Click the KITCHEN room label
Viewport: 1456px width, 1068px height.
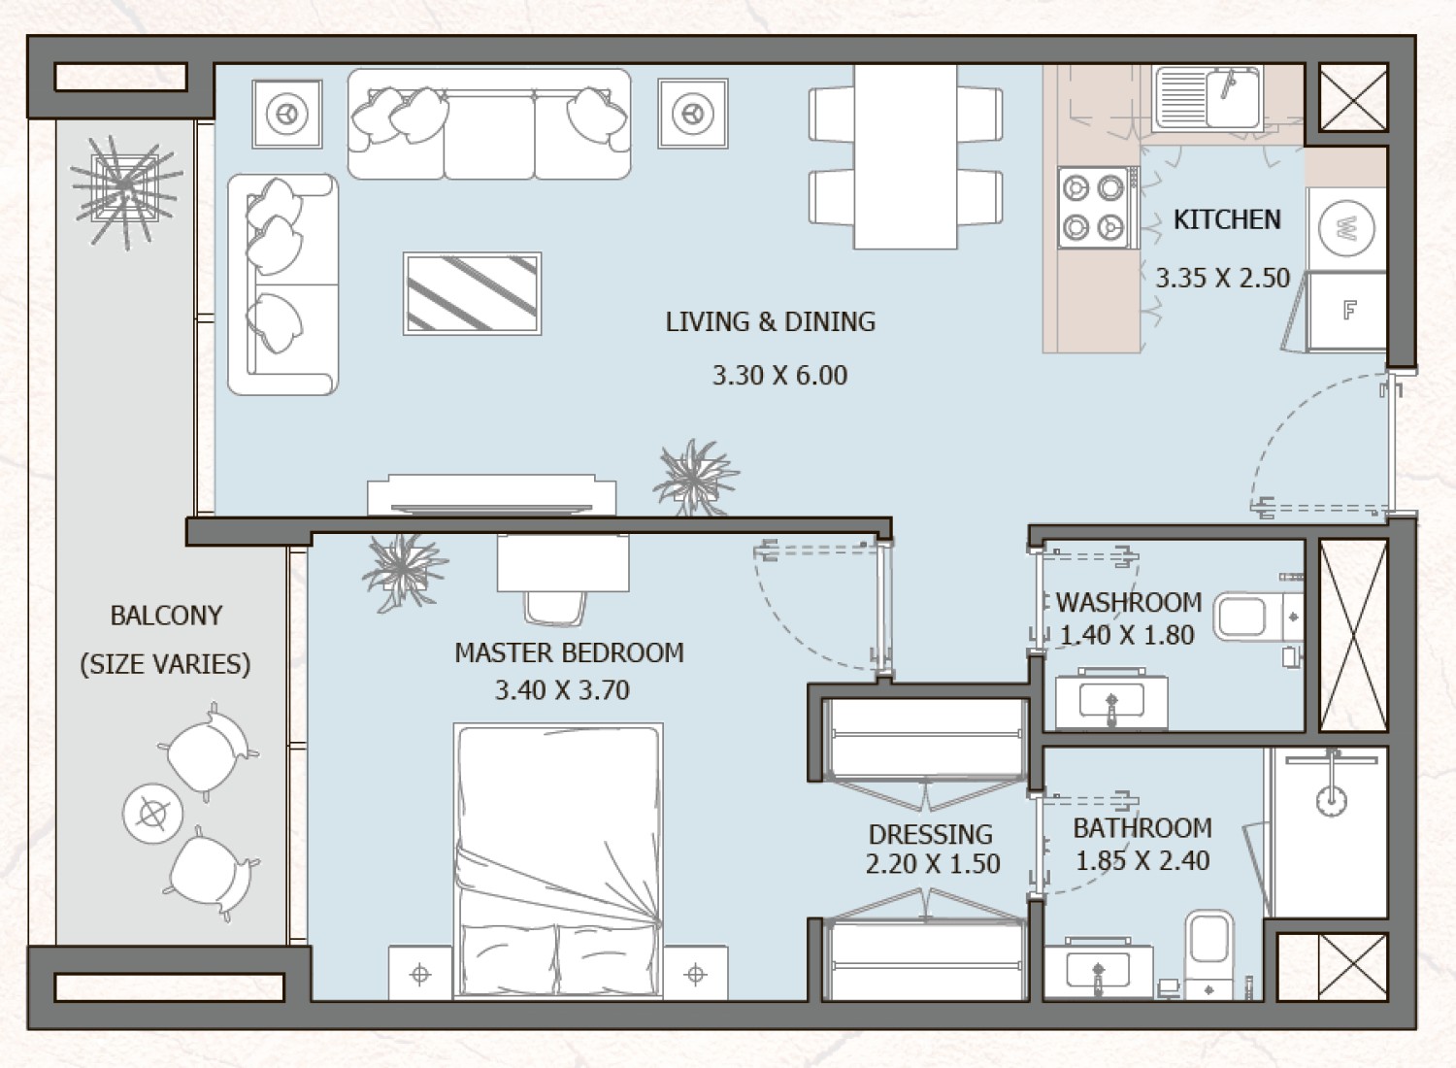click(x=1227, y=220)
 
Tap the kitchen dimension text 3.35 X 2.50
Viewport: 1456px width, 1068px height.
click(x=1222, y=279)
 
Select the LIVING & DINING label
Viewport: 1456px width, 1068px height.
click(x=770, y=322)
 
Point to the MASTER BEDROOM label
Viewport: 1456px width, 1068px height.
click(x=569, y=652)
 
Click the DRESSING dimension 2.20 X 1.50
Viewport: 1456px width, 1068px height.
click(x=932, y=864)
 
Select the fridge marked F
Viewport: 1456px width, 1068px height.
click(x=1348, y=311)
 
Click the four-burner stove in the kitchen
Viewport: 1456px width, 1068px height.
click(x=1093, y=207)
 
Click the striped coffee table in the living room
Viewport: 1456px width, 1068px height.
click(x=472, y=293)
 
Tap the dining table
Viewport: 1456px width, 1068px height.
click(x=905, y=155)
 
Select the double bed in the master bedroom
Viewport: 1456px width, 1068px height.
click(x=559, y=859)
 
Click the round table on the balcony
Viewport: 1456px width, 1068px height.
click(x=152, y=814)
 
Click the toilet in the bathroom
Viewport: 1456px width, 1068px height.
click(x=1208, y=947)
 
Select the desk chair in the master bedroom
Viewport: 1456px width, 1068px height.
click(x=555, y=608)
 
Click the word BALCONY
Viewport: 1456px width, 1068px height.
click(x=166, y=616)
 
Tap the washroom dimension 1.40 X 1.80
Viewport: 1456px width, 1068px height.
click(x=1126, y=636)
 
